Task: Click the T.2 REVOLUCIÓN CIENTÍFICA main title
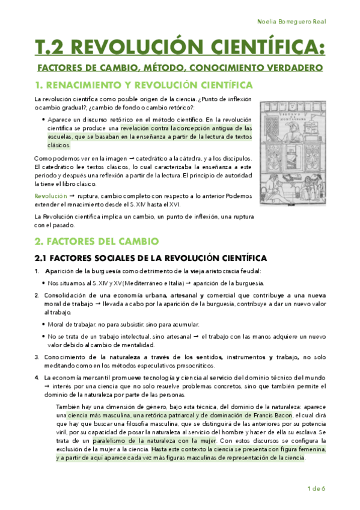(180, 47)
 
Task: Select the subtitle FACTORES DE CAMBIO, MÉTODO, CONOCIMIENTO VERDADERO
(180, 67)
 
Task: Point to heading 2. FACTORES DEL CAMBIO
(96, 241)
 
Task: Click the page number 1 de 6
(316, 488)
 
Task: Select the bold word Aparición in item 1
(60, 272)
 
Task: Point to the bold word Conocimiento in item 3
(67, 357)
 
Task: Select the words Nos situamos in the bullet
(64, 283)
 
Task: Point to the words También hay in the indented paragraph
(73, 407)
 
